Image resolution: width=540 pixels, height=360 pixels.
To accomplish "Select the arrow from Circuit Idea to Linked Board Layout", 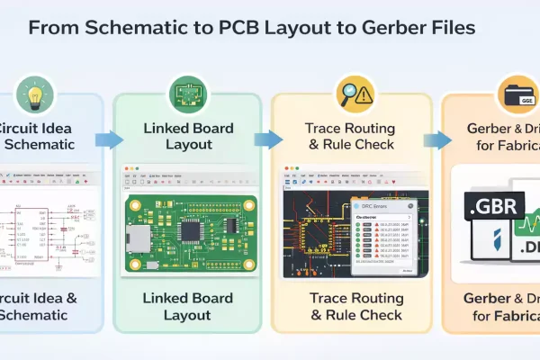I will (x=107, y=139).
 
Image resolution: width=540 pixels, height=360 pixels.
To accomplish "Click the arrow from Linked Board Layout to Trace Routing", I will (x=266, y=139).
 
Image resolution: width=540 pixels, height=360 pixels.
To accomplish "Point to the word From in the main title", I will (x=52, y=28).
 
